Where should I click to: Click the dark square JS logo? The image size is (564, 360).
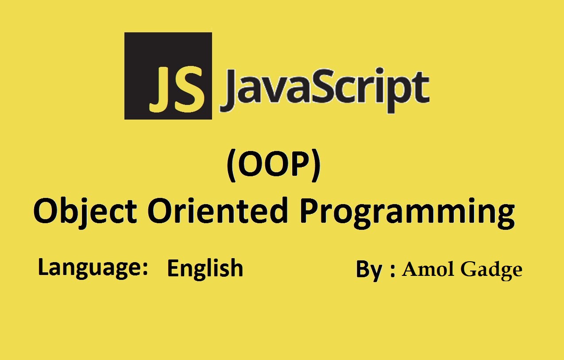pyautogui.click(x=168, y=76)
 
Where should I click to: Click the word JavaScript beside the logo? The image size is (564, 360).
pyautogui.click(x=325, y=90)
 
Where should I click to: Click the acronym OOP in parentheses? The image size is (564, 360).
pyautogui.click(x=274, y=165)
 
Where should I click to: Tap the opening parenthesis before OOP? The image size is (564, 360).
pyautogui.click(x=232, y=165)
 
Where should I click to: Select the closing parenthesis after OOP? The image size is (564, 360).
pyautogui.click(x=316, y=165)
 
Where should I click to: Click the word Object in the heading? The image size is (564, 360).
pyautogui.click(x=85, y=213)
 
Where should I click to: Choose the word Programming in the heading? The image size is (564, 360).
pyautogui.click(x=407, y=213)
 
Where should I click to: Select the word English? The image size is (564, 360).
pyautogui.click(x=205, y=268)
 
